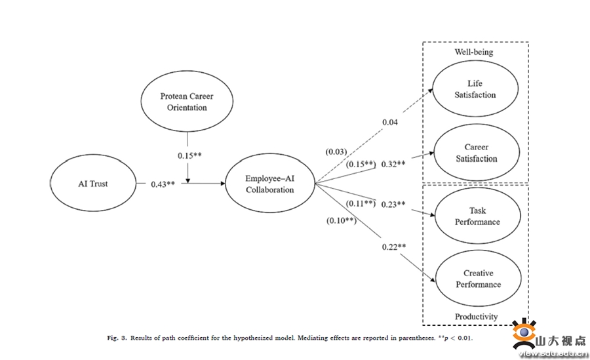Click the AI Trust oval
click(x=94, y=184)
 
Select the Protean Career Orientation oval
click(x=187, y=102)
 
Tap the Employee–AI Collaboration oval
click(x=269, y=184)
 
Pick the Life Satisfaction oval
click(x=475, y=89)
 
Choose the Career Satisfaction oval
click(x=475, y=153)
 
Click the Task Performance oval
click(x=477, y=216)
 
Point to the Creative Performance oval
click(x=478, y=279)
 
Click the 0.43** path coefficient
click(x=163, y=184)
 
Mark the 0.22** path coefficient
click(x=394, y=247)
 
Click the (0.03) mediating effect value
click(x=336, y=152)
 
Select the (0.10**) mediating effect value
click(x=341, y=220)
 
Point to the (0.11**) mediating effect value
click(x=359, y=204)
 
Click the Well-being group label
click(x=474, y=52)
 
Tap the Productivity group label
click(x=476, y=317)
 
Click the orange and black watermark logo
click(x=524, y=334)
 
